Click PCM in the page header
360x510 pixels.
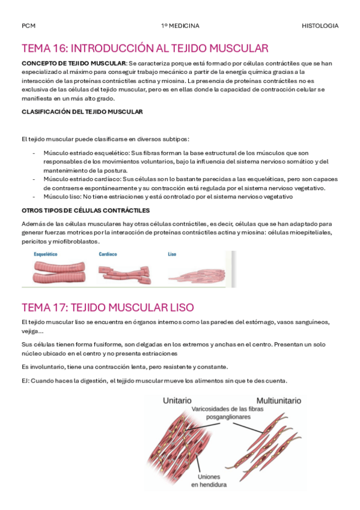pos(28,26)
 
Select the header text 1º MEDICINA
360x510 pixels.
pos(180,26)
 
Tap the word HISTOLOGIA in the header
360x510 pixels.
pos(320,26)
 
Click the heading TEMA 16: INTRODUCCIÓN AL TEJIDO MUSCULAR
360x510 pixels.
pos(145,48)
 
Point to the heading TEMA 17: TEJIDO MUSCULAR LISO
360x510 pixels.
pos(108,307)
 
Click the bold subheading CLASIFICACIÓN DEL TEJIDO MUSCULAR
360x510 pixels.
pos(82,111)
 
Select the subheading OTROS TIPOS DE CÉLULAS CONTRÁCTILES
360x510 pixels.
pos(85,210)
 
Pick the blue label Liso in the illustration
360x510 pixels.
pos(172,254)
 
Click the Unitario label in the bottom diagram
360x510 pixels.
pos(177,400)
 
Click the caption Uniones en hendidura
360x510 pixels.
pos(209,479)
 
